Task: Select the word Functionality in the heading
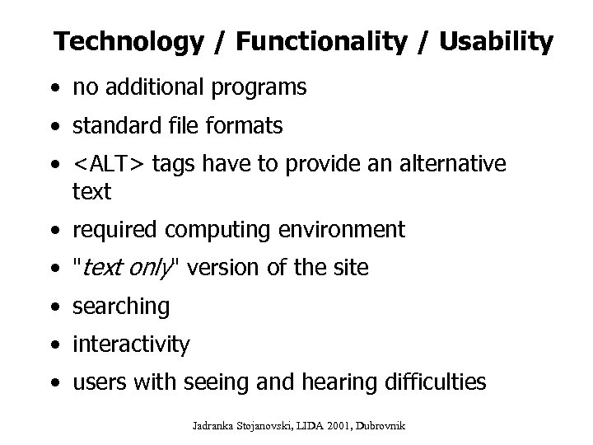306,42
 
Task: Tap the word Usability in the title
496,42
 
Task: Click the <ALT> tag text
107,165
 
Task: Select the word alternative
453,165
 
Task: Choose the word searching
121,307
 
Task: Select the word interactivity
131,344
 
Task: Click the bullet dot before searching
54,308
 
